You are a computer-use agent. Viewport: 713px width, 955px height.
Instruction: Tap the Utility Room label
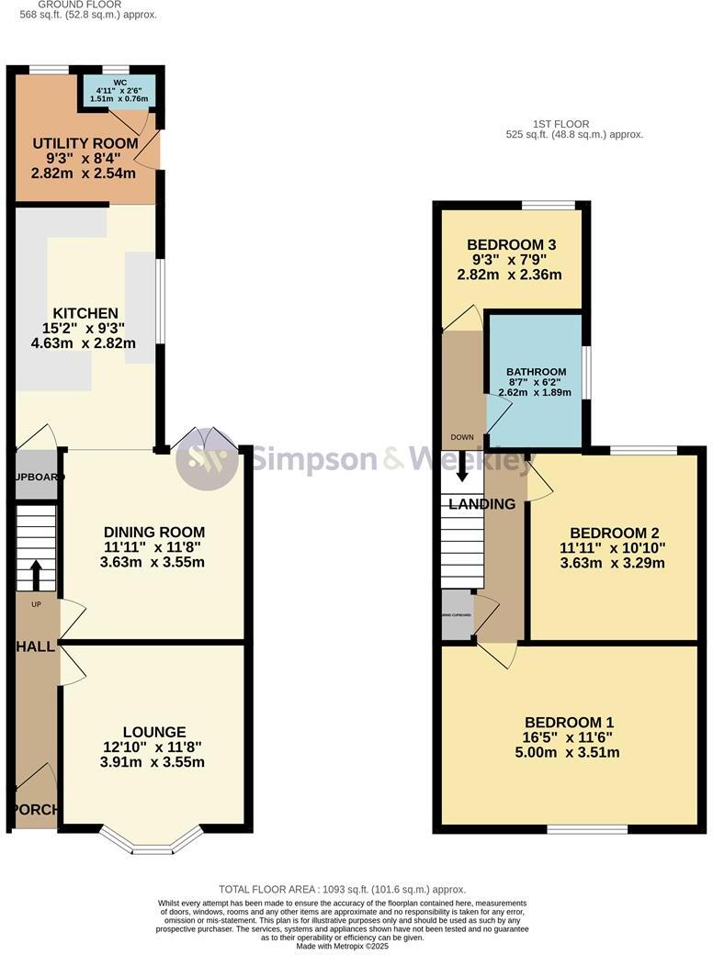[x=85, y=144]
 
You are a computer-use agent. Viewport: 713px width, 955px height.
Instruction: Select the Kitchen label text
[x=85, y=313]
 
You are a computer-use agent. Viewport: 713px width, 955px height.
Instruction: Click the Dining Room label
[x=153, y=533]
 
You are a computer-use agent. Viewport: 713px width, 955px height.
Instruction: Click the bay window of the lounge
[x=151, y=841]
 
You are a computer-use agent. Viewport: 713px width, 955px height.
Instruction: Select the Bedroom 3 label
[x=511, y=245]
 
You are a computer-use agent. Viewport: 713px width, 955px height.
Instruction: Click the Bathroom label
[x=535, y=372]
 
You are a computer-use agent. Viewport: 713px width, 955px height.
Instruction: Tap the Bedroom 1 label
[x=569, y=723]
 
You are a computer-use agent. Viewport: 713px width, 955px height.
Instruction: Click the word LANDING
[x=482, y=504]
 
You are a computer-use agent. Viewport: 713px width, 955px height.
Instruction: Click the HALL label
[x=33, y=647]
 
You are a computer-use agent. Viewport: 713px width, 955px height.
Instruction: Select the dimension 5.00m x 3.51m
[x=569, y=753]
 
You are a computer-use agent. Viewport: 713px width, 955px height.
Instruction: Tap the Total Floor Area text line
[x=342, y=889]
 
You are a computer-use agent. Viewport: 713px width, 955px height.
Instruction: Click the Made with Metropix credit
[x=342, y=946]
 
